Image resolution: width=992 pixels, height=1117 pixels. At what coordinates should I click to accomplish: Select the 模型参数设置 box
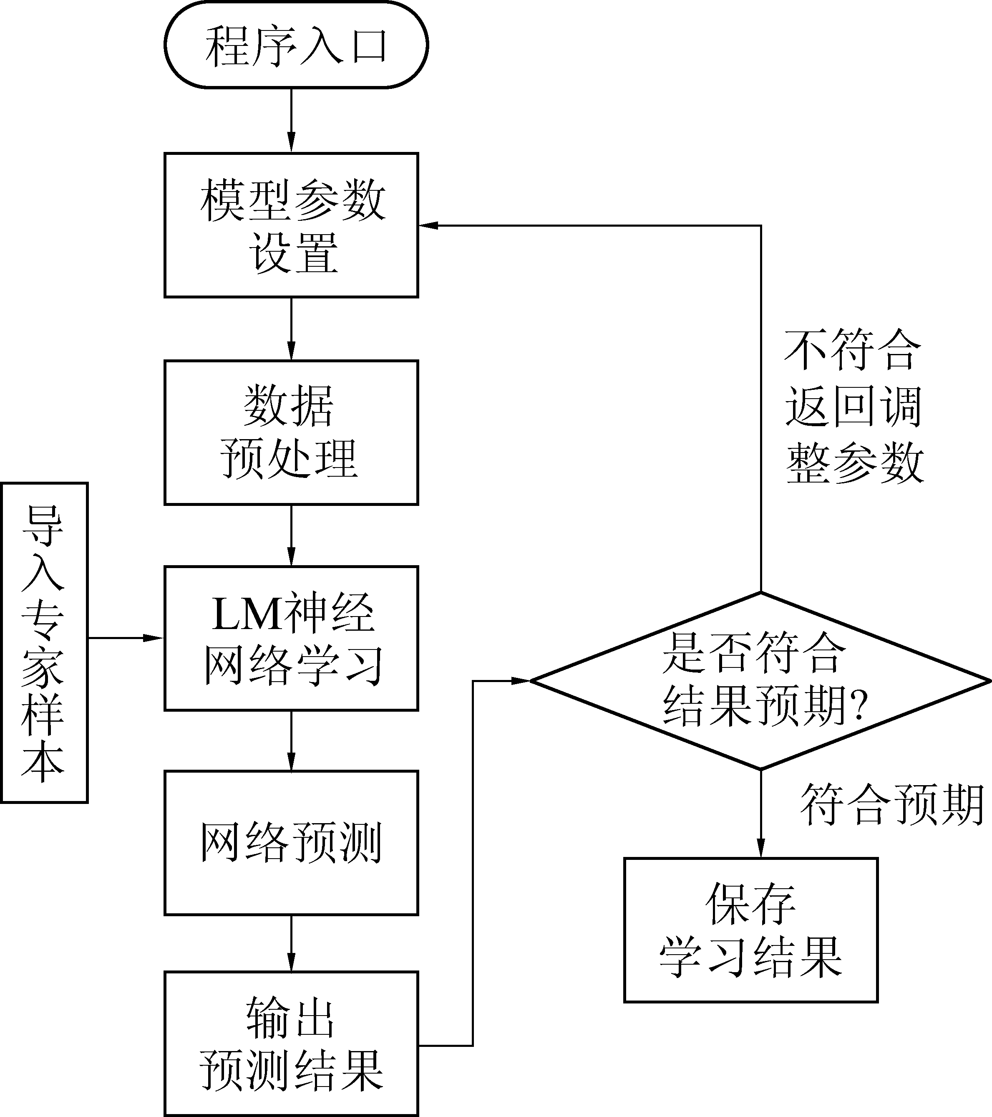(291, 225)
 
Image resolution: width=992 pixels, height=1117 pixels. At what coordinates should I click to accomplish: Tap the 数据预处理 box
(291, 432)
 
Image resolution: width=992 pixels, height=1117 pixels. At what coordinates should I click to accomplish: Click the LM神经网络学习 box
(291, 638)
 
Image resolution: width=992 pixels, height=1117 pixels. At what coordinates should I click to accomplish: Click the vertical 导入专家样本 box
(44, 643)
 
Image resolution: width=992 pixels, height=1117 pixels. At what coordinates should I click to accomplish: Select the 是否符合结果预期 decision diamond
(760, 681)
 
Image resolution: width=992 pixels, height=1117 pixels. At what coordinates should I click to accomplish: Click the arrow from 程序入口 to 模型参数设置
(291, 120)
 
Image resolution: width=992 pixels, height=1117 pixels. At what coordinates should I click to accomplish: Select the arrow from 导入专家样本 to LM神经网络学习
(126, 638)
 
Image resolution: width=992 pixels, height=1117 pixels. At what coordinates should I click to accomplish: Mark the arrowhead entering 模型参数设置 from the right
(428, 225)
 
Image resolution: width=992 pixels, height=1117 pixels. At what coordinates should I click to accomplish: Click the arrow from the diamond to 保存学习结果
(760, 813)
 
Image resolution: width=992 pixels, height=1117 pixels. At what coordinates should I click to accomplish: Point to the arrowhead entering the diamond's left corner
(522, 681)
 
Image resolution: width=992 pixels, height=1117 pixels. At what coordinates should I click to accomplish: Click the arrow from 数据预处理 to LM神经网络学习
(291, 536)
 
